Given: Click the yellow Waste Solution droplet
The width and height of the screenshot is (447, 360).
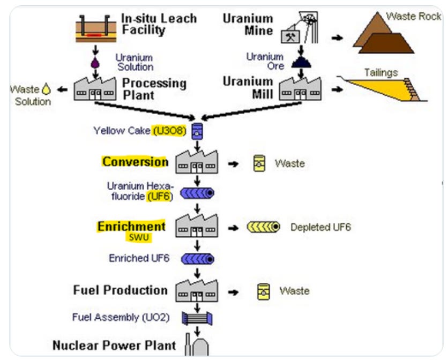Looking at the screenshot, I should [46, 90].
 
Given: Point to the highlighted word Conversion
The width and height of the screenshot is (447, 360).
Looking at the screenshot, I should [135, 161].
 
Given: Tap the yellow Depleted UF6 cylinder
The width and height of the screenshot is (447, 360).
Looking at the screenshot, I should [264, 227].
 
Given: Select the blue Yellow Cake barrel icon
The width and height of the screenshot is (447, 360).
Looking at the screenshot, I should [197, 131].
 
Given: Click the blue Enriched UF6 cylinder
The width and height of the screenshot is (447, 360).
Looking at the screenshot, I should [197, 259].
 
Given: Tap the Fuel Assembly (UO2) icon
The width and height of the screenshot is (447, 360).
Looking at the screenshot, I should [197, 318].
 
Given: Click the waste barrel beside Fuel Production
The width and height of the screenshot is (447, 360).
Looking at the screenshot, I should [262, 291].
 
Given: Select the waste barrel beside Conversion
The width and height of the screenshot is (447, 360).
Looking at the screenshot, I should [259, 163].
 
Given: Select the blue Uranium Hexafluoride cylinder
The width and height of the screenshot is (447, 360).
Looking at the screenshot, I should [197, 193].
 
